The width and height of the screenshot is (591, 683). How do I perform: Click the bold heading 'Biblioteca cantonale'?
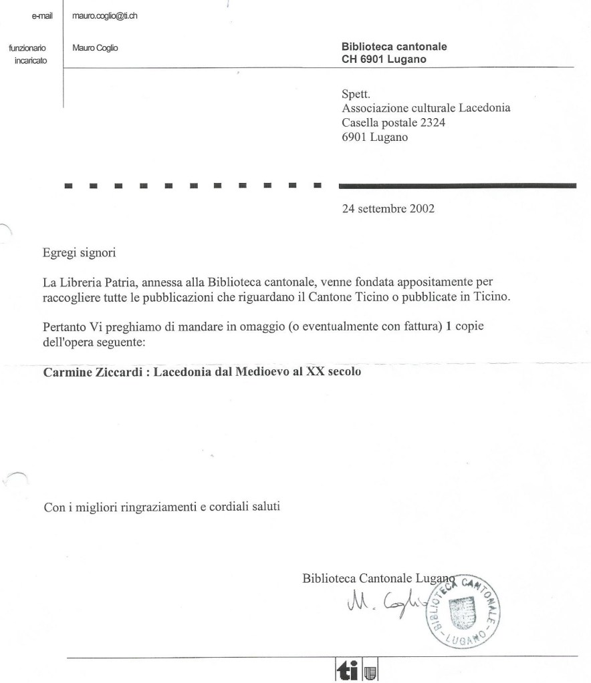(x=394, y=47)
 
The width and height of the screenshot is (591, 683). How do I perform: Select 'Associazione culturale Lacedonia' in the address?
(x=426, y=109)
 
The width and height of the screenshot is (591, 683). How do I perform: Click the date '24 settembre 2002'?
(x=388, y=208)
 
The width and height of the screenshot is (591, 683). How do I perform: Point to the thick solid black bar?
(x=457, y=185)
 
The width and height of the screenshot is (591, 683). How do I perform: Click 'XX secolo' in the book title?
(x=337, y=372)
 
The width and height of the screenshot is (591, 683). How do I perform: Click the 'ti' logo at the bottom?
(x=350, y=671)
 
